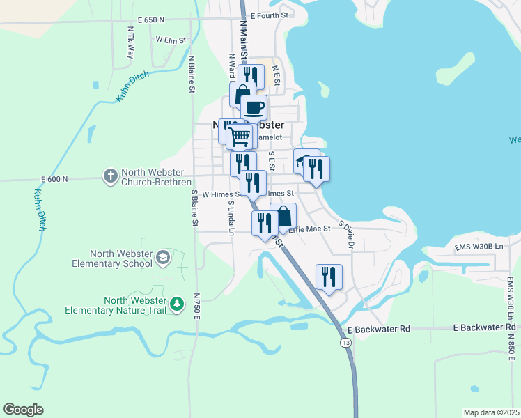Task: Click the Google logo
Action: pos(23,410)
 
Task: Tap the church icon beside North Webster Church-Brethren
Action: pos(110,176)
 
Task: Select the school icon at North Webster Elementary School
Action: pos(162,258)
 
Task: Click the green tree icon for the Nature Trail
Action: pos(178,304)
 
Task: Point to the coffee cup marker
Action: pos(254,108)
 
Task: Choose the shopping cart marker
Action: pos(240,136)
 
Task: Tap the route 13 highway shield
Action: pos(345,343)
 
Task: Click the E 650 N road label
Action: pos(152,21)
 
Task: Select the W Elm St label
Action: pos(171,40)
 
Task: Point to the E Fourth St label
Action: pos(269,15)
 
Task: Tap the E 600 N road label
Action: pos(54,179)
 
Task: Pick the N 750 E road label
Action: pos(198,307)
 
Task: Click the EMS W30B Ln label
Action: pos(478,246)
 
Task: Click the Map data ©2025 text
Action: pos(491,412)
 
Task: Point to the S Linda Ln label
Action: pos(230,218)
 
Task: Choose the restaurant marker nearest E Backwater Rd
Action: pos(329,277)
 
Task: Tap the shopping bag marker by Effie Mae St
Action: pos(283,215)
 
